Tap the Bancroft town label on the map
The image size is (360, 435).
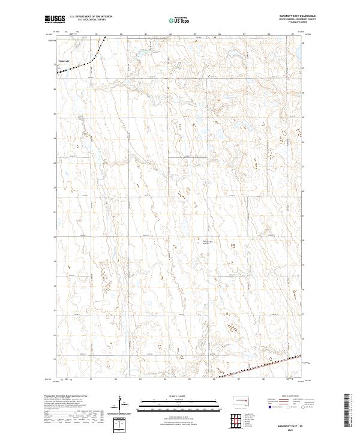click(x=65, y=61)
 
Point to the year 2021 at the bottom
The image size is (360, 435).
click(x=293, y=428)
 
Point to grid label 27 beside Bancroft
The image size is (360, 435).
click(x=55, y=65)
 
